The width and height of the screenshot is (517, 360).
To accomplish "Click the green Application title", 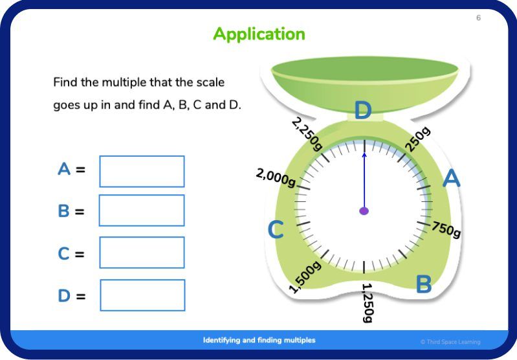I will coord(259,34).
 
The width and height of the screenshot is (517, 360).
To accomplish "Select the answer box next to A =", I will coord(142,172).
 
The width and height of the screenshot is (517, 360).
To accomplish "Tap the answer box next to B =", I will coord(142,210).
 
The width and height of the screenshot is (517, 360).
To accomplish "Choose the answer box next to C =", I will coord(142,253).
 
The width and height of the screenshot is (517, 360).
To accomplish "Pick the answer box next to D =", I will coord(142,295).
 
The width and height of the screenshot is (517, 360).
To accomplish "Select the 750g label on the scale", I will coord(446,229).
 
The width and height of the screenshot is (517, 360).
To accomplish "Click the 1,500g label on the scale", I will coord(305,277).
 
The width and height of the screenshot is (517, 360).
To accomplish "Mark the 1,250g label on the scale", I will coord(368,302).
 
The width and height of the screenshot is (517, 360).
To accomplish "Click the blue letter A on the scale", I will coord(451,179).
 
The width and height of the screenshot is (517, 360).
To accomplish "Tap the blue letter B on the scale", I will coord(423,284).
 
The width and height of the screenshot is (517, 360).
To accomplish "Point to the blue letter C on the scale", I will coord(276,230).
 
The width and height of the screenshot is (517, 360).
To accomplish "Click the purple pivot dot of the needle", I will coord(364,211).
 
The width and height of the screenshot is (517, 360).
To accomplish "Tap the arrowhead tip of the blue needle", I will coord(364,153).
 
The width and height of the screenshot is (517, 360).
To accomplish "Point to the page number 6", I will coord(478,18).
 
